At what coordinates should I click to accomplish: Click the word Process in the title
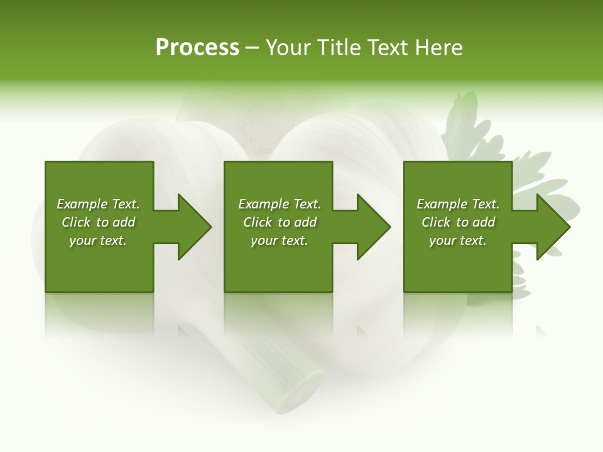tap(197, 48)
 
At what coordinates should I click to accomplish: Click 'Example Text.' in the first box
tap(98, 204)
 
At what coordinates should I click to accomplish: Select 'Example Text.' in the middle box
tap(280, 204)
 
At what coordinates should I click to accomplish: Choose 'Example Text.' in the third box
tap(458, 204)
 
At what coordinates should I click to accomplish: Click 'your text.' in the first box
tap(98, 240)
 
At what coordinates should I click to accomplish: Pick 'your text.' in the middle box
tap(280, 240)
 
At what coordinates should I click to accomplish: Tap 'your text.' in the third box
tap(458, 240)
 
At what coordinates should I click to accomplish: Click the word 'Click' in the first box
tap(76, 222)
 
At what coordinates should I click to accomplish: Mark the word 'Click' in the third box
tap(436, 222)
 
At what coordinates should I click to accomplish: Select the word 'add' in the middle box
tap(305, 222)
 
